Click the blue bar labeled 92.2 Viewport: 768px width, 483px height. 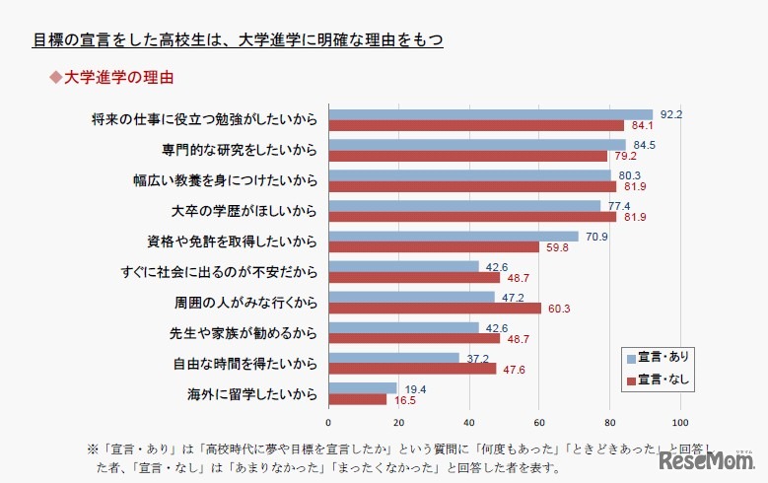point(490,114)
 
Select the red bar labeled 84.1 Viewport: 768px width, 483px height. point(476,125)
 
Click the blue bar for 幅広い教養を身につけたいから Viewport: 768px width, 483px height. point(469,175)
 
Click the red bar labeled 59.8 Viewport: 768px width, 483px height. point(434,247)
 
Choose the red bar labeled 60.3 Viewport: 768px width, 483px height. point(435,309)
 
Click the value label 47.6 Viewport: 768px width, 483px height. point(510,370)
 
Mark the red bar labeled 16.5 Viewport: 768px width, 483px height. point(357,400)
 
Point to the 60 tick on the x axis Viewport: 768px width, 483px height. point(539,424)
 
